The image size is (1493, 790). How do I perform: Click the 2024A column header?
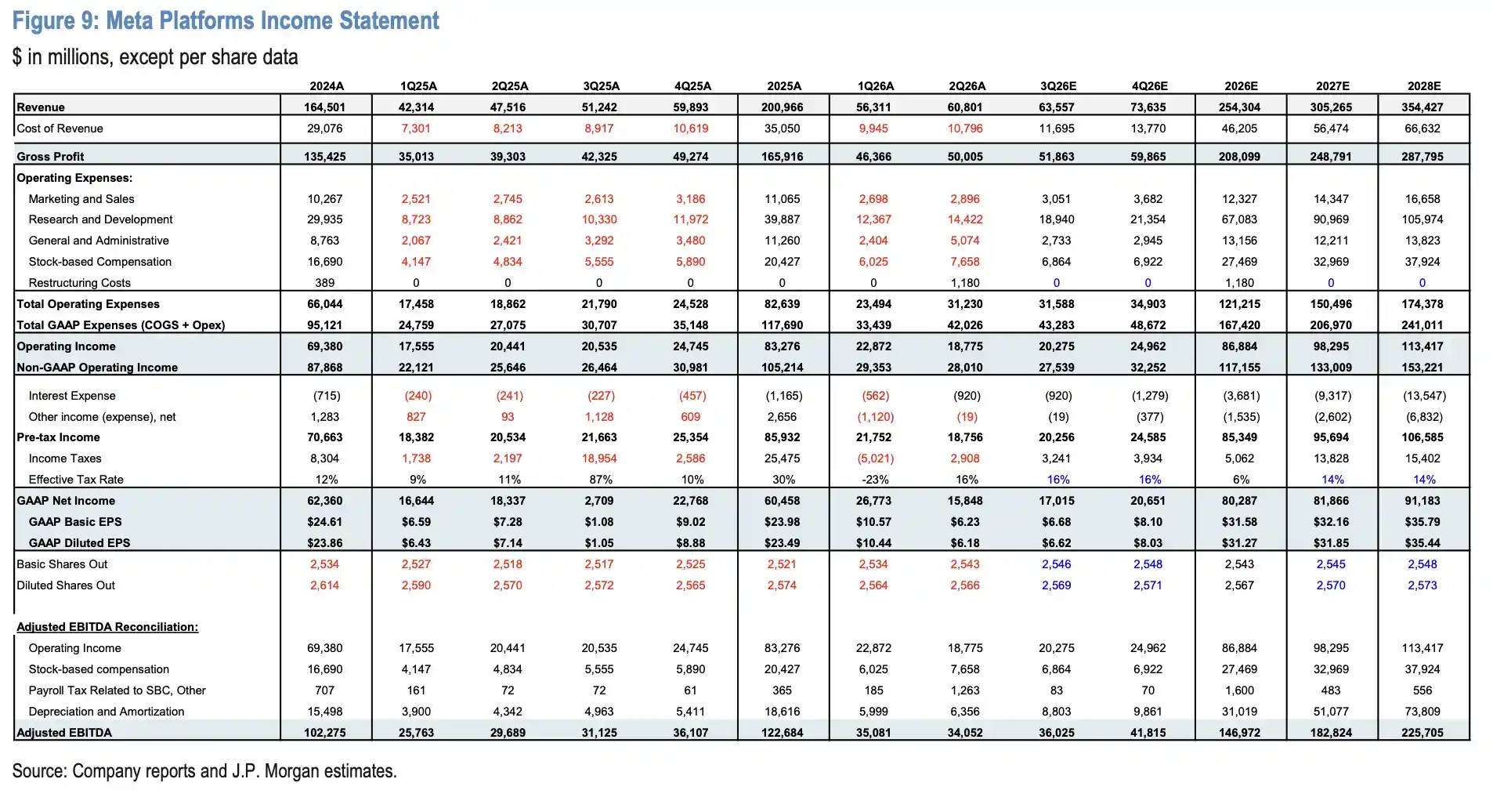[x=327, y=86]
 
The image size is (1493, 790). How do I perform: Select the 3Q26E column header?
[x=1057, y=86]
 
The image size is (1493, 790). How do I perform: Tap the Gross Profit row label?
[x=50, y=157]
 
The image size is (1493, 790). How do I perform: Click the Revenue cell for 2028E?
[x=1423, y=107]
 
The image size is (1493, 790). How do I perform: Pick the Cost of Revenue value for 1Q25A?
[x=416, y=129]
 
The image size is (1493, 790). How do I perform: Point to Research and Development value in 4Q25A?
[x=690, y=219]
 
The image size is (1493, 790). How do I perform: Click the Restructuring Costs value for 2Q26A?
[x=965, y=283]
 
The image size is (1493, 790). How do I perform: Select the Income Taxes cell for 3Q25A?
[x=599, y=458]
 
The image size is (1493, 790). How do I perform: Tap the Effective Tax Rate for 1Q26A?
[x=873, y=480]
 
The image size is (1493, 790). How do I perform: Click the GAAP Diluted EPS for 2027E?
[x=1331, y=543]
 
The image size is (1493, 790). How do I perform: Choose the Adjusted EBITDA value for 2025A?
[x=783, y=733]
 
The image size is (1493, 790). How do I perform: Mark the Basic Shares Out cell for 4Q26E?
[x=1148, y=564]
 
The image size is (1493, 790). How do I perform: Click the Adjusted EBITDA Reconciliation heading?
[x=107, y=627]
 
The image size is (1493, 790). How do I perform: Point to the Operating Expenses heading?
[x=74, y=178]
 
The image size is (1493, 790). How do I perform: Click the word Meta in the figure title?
[x=129, y=20]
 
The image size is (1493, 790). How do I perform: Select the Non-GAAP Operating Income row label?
[x=97, y=368]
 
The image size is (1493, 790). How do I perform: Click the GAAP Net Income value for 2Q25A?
[x=508, y=501]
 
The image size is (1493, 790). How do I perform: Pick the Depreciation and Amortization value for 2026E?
[x=1239, y=712]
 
